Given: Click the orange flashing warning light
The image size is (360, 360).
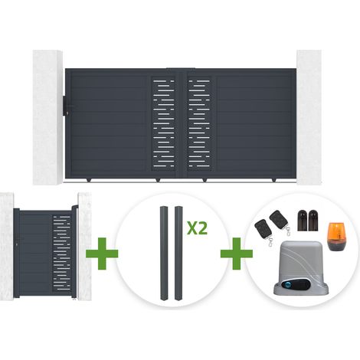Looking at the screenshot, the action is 336,237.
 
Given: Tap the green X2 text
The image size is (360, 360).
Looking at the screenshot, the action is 197,227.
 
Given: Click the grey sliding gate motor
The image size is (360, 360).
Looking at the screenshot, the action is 299,269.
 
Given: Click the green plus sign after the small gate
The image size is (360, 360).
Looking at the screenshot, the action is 102,254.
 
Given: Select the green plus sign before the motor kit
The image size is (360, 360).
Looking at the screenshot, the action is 237,254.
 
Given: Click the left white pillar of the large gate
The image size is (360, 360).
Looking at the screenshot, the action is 47,117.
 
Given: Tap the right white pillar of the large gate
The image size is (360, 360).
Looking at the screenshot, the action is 309,117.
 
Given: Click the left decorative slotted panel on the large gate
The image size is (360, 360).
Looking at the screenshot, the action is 164,123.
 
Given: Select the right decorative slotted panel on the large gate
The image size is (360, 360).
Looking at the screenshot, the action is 199,123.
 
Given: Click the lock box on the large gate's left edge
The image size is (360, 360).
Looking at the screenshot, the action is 66,105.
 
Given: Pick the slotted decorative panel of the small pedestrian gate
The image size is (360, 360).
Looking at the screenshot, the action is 61,254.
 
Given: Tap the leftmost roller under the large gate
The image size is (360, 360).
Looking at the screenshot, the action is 89,180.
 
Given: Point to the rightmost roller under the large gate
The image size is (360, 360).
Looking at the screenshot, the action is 274,180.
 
